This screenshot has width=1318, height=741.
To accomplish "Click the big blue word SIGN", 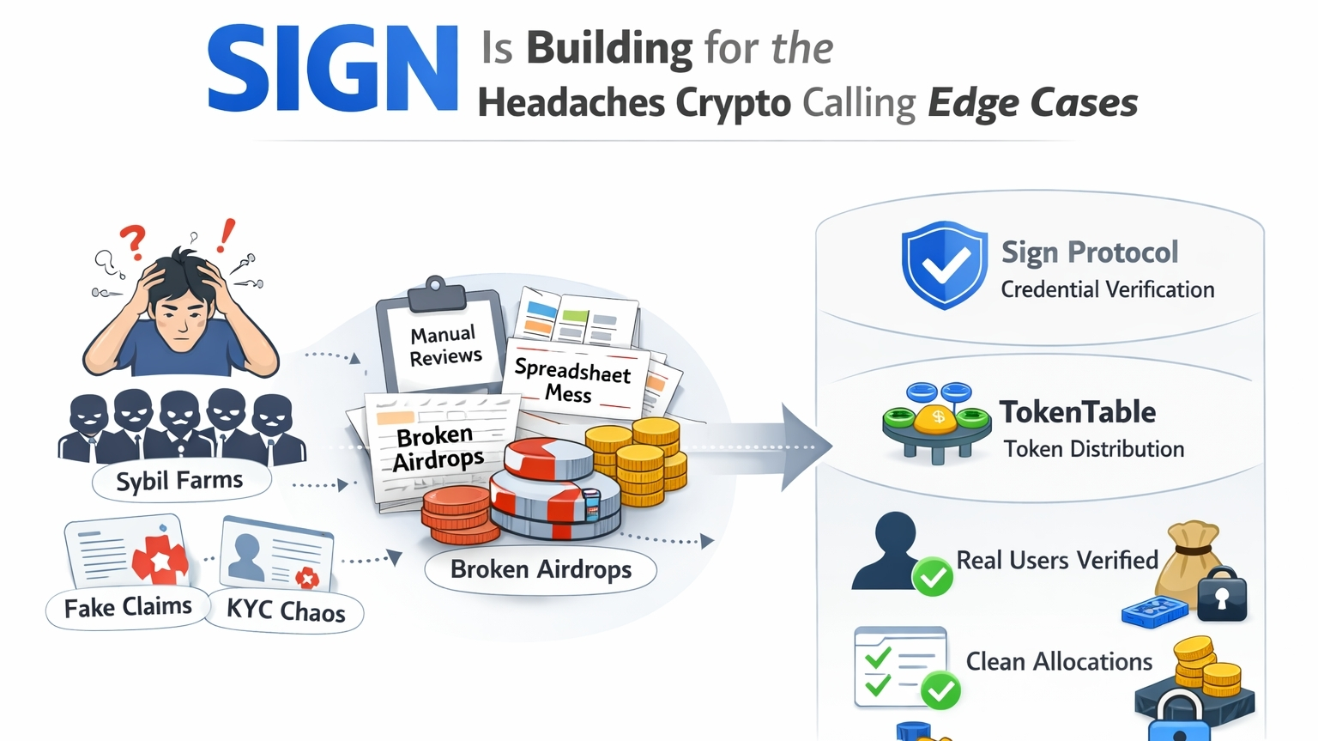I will [333, 69].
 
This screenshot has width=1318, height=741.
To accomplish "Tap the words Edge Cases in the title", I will [1032, 103].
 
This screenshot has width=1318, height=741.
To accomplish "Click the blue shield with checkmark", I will [944, 264].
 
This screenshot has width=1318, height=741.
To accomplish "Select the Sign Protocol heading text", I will [1090, 252].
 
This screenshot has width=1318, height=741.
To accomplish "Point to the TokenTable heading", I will [1078, 412].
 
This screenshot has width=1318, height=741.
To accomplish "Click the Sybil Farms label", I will [180, 480].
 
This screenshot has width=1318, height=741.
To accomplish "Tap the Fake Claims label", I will [128, 608].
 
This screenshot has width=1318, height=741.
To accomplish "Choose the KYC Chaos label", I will [286, 610].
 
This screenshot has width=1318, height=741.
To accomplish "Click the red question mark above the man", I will [133, 241].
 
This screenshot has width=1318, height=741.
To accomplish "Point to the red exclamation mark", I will [226, 235].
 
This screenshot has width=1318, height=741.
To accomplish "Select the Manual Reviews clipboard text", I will [444, 345].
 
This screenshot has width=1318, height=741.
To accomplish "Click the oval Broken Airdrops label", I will [541, 569].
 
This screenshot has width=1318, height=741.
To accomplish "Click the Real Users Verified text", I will [1057, 561].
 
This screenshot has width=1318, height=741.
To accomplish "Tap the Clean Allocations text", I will [1059, 662].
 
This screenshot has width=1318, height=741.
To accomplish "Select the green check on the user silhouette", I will [932, 576].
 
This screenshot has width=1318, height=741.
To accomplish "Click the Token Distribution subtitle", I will [1094, 449].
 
